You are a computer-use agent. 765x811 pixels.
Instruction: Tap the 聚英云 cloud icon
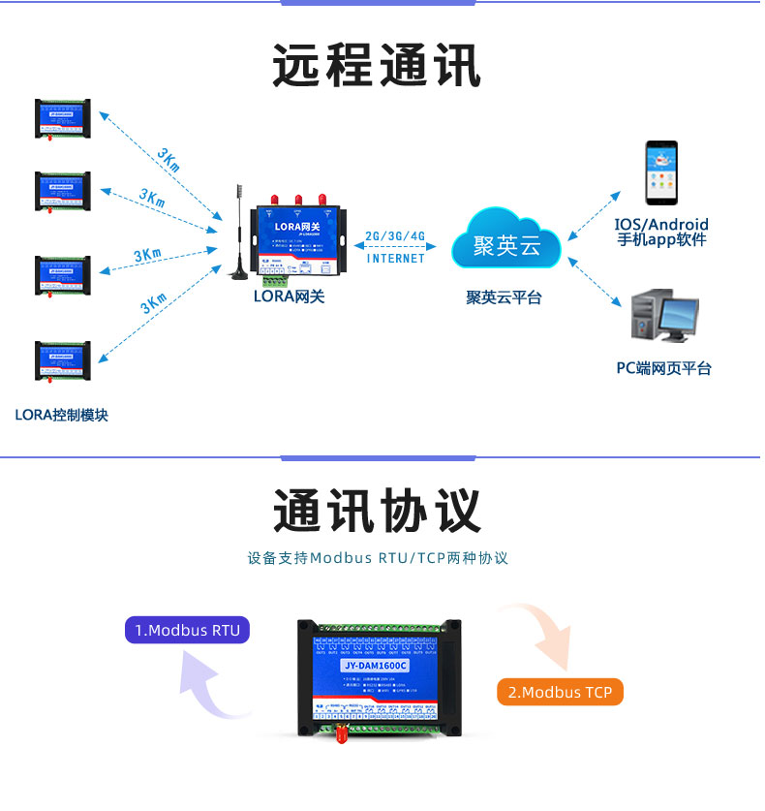point(506,243)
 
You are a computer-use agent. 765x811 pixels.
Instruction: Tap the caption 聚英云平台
point(504,298)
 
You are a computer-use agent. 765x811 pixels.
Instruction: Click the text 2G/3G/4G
point(395,236)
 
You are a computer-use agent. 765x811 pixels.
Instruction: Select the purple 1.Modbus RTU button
point(187,630)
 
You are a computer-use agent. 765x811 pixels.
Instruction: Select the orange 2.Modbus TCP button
point(560,692)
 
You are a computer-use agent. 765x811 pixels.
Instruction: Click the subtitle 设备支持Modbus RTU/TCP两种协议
point(378,558)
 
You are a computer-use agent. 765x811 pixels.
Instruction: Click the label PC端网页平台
point(664,368)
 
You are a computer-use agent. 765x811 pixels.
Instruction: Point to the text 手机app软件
point(662,240)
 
